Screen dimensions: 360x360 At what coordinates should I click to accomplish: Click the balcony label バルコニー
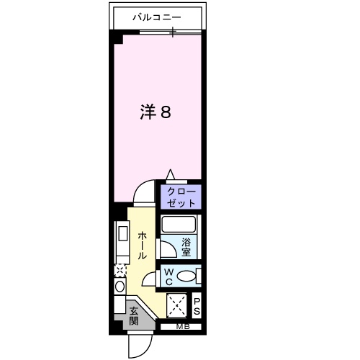coord(157,16)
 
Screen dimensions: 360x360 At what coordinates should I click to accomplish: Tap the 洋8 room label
coord(155,112)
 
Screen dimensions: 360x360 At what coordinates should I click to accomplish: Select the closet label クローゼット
coord(181,197)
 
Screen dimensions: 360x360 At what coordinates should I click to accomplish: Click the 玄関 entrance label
coord(135,316)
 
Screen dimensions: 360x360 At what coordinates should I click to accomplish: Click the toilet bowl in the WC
coord(187,276)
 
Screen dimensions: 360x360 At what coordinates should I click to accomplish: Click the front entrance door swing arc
coord(139,346)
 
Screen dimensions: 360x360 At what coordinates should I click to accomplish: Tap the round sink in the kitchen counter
coord(120,286)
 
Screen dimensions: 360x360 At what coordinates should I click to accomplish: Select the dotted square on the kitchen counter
coord(120,270)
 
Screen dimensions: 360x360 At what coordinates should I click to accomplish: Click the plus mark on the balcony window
coord(172,33)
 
